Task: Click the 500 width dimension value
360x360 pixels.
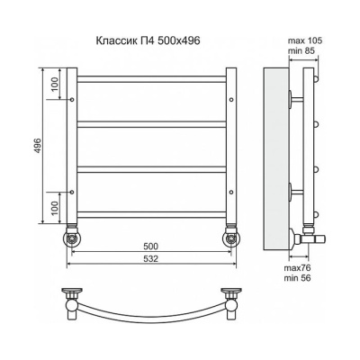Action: click(x=151, y=246)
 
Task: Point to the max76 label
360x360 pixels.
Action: click(x=301, y=267)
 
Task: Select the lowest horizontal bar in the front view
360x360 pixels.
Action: click(x=151, y=214)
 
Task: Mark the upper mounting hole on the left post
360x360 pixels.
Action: click(x=71, y=99)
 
